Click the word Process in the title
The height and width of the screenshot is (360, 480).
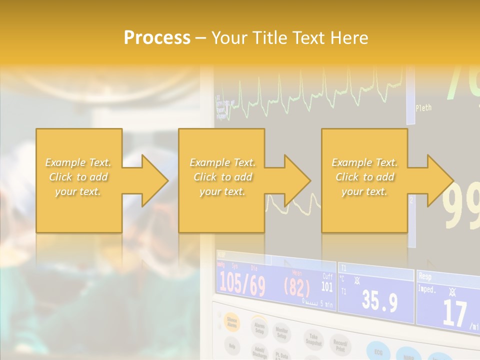tap(157, 38)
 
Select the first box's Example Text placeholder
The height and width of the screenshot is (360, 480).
tap(78, 177)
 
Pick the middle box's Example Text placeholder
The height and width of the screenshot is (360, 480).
tap(222, 177)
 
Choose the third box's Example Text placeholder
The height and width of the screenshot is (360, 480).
tap(364, 177)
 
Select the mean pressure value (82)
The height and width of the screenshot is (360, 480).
tap(297, 287)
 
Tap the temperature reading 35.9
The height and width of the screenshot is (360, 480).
tap(379, 301)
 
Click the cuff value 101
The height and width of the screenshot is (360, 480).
tap(327, 286)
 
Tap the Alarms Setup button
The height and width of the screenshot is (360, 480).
tap(258, 327)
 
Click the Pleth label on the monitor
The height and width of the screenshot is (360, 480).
tap(423, 107)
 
